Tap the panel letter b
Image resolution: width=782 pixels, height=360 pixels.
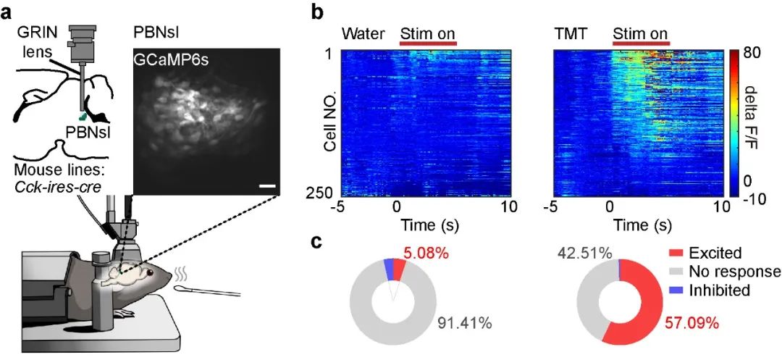point(316,12)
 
